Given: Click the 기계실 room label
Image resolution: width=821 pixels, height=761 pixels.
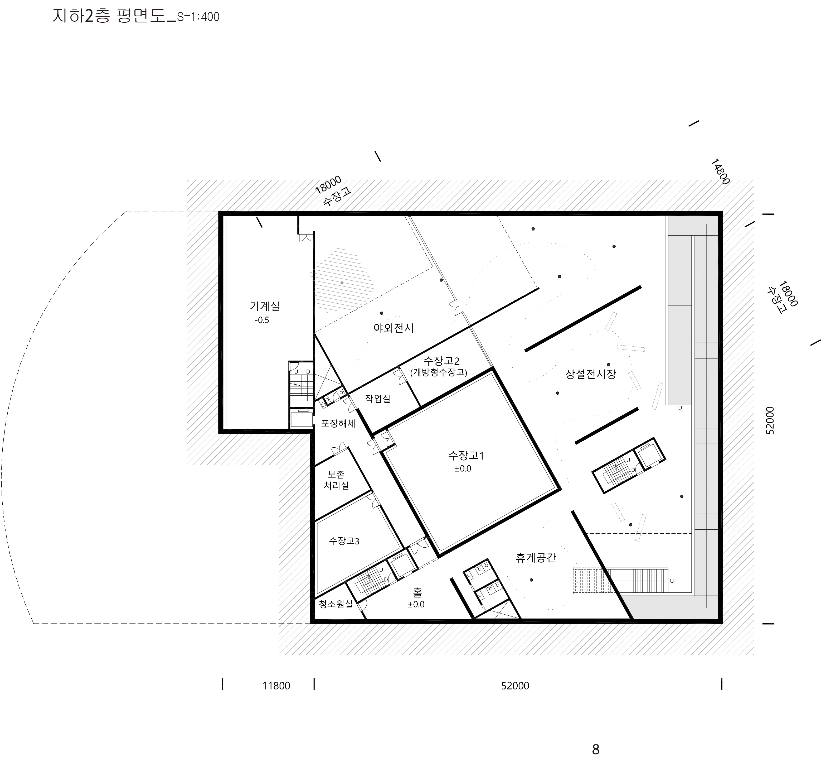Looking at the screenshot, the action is click(x=265, y=306).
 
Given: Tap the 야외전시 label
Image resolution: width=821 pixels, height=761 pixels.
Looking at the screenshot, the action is click(x=394, y=328).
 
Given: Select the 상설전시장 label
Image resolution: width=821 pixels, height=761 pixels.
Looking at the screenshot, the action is click(x=591, y=374).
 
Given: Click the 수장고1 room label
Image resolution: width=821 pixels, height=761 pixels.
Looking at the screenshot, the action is click(x=466, y=456).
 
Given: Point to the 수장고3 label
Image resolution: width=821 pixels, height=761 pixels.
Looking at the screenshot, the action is click(x=344, y=541).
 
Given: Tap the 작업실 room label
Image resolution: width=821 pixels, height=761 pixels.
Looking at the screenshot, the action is click(x=378, y=398).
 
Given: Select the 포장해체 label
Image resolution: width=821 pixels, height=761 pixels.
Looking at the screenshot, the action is click(x=338, y=423).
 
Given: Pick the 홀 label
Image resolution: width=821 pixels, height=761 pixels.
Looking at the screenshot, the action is click(x=417, y=592).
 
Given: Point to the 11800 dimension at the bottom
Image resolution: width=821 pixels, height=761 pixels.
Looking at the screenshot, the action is click(x=276, y=686).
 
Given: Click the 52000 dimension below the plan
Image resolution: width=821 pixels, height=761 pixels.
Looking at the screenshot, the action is click(x=515, y=686).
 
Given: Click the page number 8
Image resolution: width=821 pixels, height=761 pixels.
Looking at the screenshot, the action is click(x=595, y=749).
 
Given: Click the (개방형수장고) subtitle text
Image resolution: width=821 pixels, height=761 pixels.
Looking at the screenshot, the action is click(x=439, y=372).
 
